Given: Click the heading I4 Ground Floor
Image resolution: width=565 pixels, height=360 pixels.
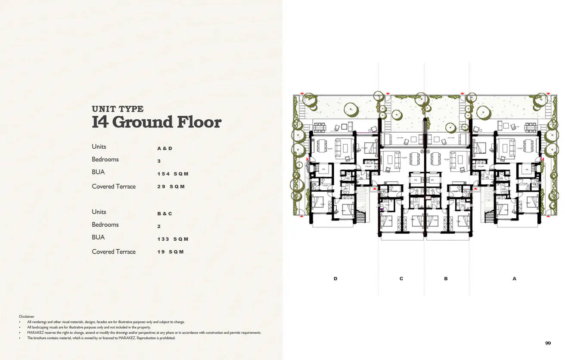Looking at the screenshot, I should [x=156, y=122].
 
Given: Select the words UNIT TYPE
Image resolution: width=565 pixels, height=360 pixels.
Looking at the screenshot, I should [x=118, y=109].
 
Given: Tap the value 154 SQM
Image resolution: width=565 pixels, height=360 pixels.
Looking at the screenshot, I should [x=173, y=174].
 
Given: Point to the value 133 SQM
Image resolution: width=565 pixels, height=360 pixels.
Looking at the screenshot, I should [x=173, y=239].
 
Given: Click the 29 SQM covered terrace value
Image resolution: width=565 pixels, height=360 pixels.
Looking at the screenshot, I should [x=171, y=187].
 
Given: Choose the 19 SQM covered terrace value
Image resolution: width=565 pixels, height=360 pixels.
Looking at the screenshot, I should [x=171, y=252].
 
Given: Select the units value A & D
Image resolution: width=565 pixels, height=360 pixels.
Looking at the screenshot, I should [x=165, y=149].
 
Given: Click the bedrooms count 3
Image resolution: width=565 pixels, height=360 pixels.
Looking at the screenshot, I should [x=159, y=161].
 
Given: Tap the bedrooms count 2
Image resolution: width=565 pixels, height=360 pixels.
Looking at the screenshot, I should [x=159, y=226].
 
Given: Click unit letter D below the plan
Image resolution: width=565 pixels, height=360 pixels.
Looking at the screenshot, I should [x=335, y=279].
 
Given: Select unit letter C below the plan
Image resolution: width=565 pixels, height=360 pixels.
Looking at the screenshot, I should [x=401, y=279].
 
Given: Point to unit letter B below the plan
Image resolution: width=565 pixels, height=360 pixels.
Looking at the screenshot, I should [x=446, y=279].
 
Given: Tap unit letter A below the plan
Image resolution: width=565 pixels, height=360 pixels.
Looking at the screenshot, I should [x=514, y=279].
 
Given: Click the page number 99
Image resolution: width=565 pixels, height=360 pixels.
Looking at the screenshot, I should [x=548, y=343].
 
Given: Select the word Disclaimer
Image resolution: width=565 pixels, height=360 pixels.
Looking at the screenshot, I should [x=27, y=317].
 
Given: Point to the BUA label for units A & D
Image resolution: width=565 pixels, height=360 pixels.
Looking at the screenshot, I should [x=98, y=172].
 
